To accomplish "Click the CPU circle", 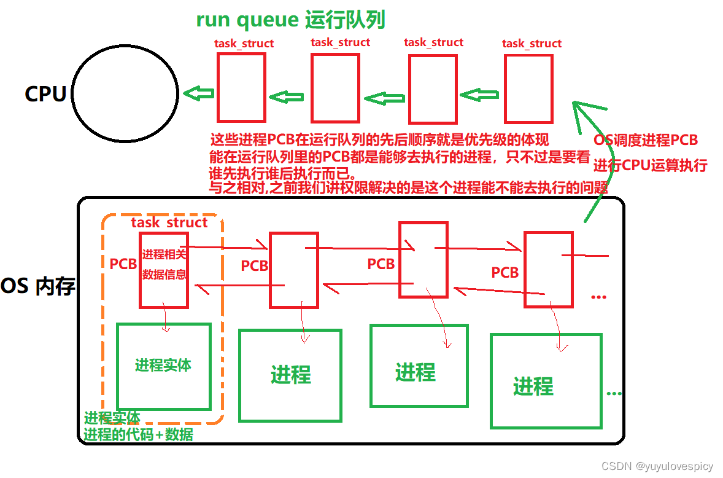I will pyautogui.click(x=126, y=93).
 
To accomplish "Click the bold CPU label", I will pyautogui.click(x=45, y=94).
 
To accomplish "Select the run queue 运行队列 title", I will pyautogui.click(x=290, y=20).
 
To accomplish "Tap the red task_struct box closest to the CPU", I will pyautogui.click(x=241, y=87).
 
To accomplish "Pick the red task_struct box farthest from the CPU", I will pyautogui.click(x=528, y=88).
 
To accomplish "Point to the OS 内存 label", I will pyautogui.click(x=38, y=287).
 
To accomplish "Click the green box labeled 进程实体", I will pyautogui.click(x=163, y=366).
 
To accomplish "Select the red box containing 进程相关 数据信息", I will pyautogui.click(x=164, y=269).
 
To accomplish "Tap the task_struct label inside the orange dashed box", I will pyautogui.click(x=169, y=222).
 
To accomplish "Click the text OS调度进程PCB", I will pyautogui.click(x=646, y=140).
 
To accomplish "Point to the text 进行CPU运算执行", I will pyautogui.click(x=650, y=165).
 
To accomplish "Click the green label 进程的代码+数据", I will pyautogui.click(x=139, y=435).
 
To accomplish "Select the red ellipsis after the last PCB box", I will pyautogui.click(x=598, y=297).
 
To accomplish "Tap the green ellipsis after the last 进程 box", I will pyautogui.click(x=614, y=393).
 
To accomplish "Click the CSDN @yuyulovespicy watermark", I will pyautogui.click(x=657, y=466).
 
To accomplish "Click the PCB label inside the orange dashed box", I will pyautogui.click(x=123, y=264).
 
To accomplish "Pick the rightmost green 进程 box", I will pyautogui.click(x=546, y=380).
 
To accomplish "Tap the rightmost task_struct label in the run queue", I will pyautogui.click(x=532, y=44).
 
